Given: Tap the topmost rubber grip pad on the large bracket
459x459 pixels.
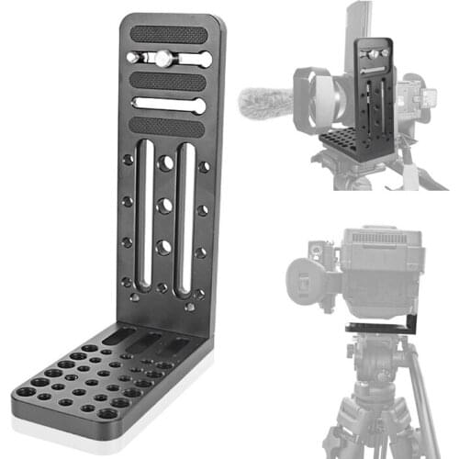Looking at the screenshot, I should [x=168, y=35].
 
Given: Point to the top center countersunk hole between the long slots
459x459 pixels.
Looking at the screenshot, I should [x=165, y=163].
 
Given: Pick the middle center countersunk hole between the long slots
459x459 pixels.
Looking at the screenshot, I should [x=165, y=206].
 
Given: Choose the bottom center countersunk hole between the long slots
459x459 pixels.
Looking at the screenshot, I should [x=163, y=247].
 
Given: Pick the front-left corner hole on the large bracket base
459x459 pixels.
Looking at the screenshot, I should [x=26, y=391].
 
